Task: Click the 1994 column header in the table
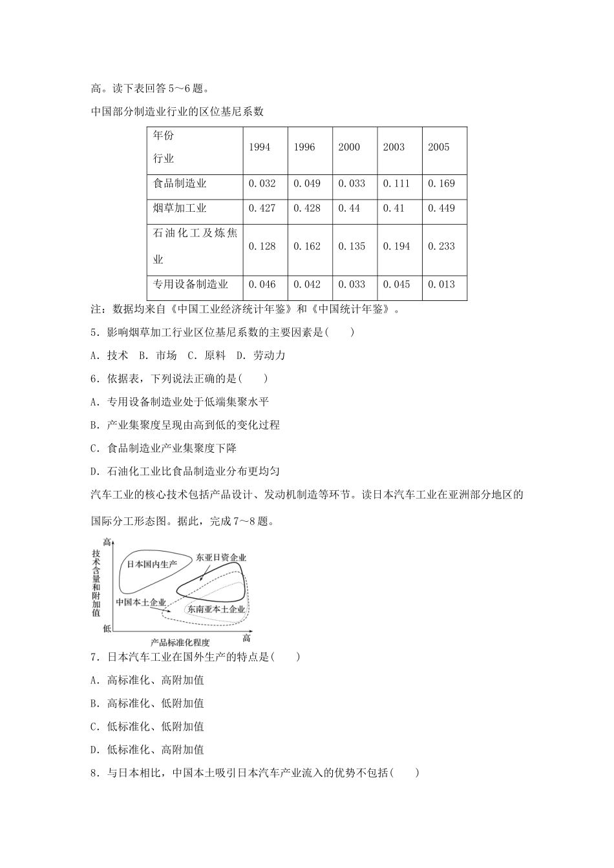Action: [x=259, y=147]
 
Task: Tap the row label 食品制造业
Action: [x=180, y=183]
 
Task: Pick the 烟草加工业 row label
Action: [x=180, y=209]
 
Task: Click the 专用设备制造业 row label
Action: [x=190, y=284]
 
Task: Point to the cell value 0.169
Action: [x=441, y=183]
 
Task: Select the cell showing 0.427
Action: [x=262, y=209]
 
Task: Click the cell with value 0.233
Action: [x=441, y=246]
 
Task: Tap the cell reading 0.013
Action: [x=441, y=284]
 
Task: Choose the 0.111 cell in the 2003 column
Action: [x=396, y=183]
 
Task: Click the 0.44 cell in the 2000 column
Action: [x=349, y=209]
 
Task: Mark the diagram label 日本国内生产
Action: [x=151, y=564]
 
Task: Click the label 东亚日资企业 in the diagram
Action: [x=221, y=557]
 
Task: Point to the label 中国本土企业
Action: [x=140, y=602]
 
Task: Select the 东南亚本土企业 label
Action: [x=216, y=609]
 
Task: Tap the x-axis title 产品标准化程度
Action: [x=180, y=642]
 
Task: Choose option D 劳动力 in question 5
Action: [x=261, y=355]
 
